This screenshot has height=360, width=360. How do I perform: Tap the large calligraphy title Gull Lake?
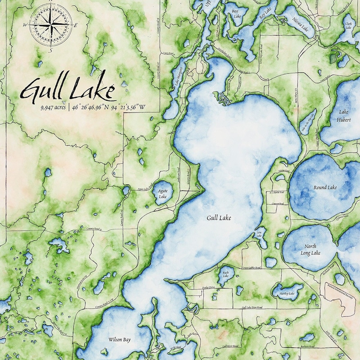67,90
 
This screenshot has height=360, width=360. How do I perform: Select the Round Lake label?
325,187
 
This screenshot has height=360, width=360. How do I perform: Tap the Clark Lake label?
348,25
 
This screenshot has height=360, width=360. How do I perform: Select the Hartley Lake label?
287,293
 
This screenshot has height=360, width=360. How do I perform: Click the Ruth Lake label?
225,273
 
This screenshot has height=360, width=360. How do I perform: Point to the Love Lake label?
259,234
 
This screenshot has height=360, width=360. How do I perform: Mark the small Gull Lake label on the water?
219,218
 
